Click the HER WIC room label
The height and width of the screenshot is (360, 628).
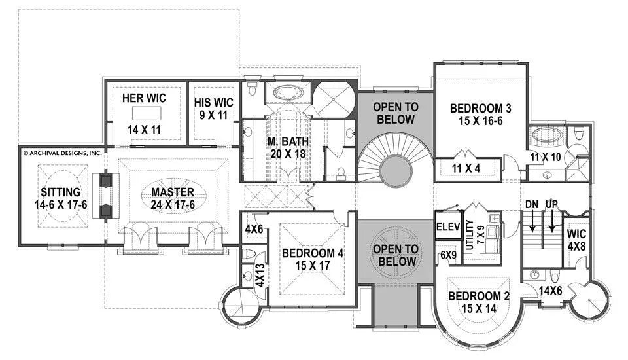pyautogui.click(x=144, y=98)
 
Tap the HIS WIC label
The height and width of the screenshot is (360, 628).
pyautogui.click(x=213, y=103)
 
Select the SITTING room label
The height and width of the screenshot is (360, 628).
pyautogui.click(x=60, y=192)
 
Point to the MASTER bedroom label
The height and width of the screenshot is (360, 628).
pyautogui.click(x=173, y=192)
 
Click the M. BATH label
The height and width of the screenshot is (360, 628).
pyautogui.click(x=288, y=141)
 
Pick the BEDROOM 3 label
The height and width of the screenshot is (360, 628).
pyautogui.click(x=481, y=108)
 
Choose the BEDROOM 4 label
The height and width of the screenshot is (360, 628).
pyautogui.click(x=313, y=253)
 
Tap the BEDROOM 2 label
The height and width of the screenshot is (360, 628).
pyautogui.click(x=479, y=297)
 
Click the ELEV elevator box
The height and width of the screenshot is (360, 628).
pyautogui.click(x=448, y=227)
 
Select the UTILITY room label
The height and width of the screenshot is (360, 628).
pyautogui.click(x=470, y=235)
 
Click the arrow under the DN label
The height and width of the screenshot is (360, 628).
pyautogui.click(x=532, y=221)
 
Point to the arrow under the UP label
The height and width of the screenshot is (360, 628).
pyautogui.click(x=552, y=221)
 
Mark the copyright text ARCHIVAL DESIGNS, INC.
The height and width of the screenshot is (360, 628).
pyautogui.click(x=63, y=153)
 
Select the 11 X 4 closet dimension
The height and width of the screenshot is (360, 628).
pyautogui.click(x=466, y=168)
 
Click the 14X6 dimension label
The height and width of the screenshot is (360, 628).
pyautogui.click(x=551, y=291)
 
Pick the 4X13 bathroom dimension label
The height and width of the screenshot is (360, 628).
pyautogui.click(x=260, y=275)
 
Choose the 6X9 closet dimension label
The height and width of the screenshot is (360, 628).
pyautogui.click(x=448, y=255)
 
